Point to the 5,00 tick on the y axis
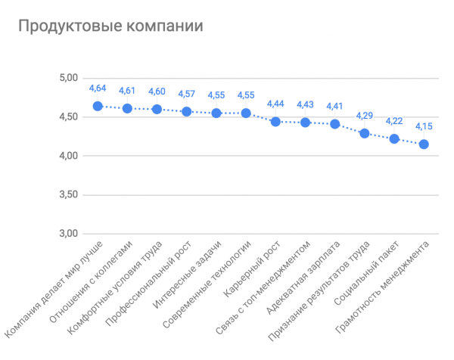[68, 78]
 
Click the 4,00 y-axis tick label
[68, 156]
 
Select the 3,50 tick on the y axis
[68, 194]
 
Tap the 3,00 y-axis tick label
[68, 234]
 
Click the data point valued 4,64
[98, 106]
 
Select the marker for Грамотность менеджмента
[424, 144]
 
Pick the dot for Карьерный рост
[275, 122]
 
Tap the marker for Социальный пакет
[394, 138]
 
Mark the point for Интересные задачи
[216, 113]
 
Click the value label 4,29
[365, 116]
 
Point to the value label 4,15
[424, 126]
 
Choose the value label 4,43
[306, 104]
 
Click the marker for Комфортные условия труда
[157, 109]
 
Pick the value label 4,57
[187, 94]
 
